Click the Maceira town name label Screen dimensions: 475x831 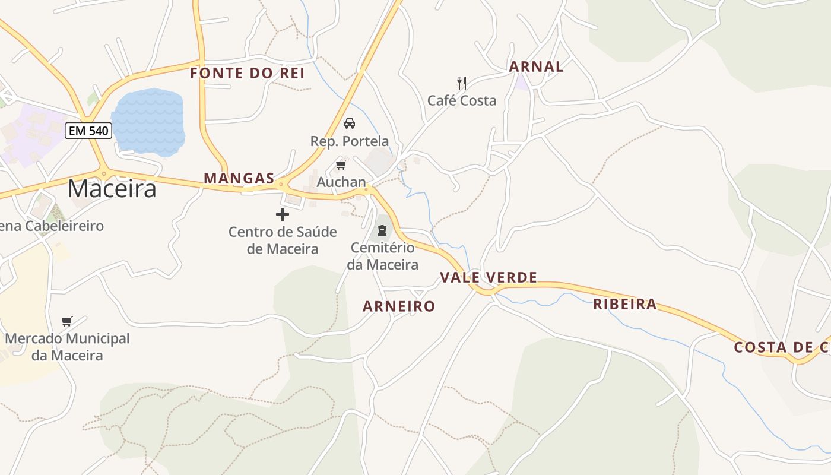(112, 189)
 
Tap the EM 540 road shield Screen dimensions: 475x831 (89, 131)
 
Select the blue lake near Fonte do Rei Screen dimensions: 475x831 (148, 122)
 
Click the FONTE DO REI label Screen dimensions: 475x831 (247, 74)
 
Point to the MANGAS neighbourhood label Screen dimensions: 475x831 (239, 178)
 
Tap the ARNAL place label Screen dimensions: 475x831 (537, 66)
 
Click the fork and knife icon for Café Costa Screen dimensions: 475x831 (462, 83)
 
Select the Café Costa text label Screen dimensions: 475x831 (462, 100)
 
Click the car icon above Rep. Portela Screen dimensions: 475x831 (350, 123)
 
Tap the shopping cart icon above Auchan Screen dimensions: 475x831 (341, 164)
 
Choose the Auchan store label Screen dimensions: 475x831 (341, 182)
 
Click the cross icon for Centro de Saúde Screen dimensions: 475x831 (283, 214)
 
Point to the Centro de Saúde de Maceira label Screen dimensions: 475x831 (283, 240)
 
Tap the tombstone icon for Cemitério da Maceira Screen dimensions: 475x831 (382, 230)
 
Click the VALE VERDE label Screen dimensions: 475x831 (489, 277)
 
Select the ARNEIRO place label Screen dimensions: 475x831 (399, 306)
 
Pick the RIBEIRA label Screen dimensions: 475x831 (625, 305)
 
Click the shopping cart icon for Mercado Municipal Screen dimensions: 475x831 (67, 321)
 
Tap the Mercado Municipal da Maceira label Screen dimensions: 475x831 (67, 347)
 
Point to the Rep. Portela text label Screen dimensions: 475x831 (350, 141)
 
